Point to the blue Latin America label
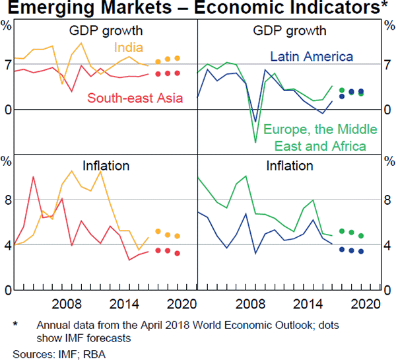(x=312, y=57)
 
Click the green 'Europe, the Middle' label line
(x=319, y=129)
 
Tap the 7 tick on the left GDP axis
(x=8, y=65)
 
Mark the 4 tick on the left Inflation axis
(x=8, y=246)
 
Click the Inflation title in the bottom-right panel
(x=290, y=165)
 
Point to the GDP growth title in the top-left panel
(x=106, y=30)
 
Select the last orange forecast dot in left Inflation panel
(x=178, y=236)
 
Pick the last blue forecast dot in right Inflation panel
(x=361, y=251)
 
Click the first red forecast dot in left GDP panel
(x=158, y=74)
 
